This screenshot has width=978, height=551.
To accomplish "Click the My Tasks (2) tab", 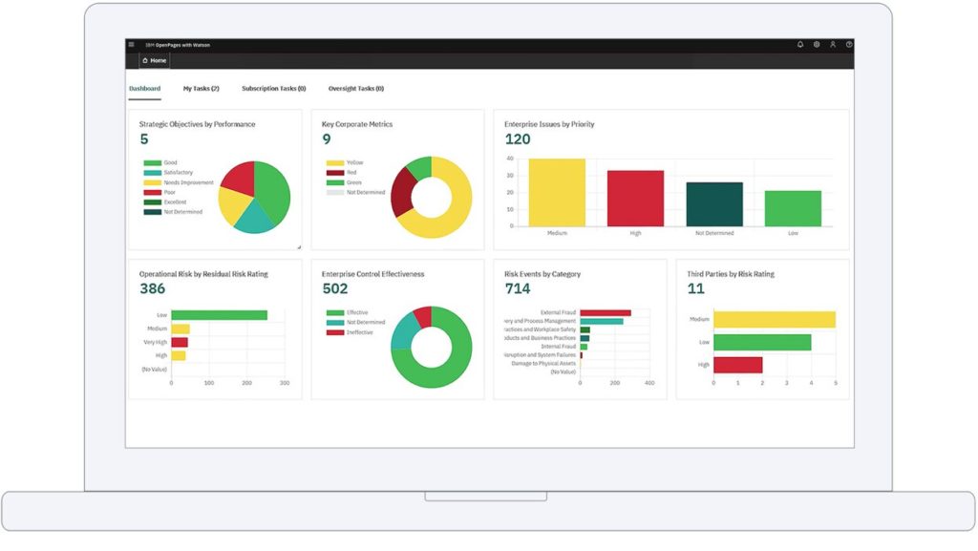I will tap(201, 89).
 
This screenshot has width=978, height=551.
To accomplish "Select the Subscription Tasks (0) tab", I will tap(273, 89).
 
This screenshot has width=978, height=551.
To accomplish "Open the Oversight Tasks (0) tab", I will tap(355, 89).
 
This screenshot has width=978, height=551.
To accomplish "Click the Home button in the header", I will tap(154, 60).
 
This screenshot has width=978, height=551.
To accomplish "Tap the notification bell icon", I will tap(800, 44).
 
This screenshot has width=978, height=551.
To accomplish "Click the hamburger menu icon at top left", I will tap(131, 44).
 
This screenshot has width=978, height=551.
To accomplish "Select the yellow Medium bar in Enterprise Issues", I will tap(557, 192).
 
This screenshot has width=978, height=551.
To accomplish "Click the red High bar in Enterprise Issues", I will tap(635, 198).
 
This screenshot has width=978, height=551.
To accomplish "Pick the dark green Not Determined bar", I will tap(713, 203).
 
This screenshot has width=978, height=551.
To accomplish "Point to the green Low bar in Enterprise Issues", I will tap(793, 208).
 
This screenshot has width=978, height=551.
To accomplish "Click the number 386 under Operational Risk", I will tap(152, 288).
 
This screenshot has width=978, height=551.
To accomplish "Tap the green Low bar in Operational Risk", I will tap(219, 315).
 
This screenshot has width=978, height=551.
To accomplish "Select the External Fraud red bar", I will tap(605, 312).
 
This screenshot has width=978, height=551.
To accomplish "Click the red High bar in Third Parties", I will tap(737, 365).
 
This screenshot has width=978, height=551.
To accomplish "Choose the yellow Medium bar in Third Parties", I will tap(774, 320).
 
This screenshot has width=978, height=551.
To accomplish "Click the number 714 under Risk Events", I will tap(517, 288).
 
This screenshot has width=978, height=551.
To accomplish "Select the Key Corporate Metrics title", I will tap(357, 124).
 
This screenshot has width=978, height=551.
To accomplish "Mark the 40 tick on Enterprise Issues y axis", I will tap(510, 159).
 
